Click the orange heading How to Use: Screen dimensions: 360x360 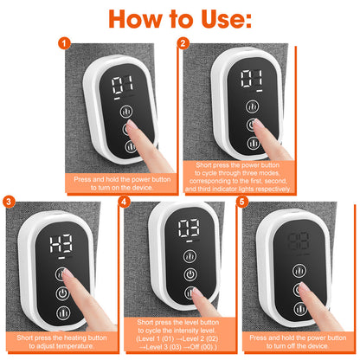[180, 19]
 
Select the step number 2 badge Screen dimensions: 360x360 [183, 42]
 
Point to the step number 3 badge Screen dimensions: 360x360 [8, 202]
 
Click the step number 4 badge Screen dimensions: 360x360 [125, 202]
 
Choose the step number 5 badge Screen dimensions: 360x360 [243, 202]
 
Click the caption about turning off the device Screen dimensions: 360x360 [299, 343]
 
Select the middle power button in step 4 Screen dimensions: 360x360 [188, 273]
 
